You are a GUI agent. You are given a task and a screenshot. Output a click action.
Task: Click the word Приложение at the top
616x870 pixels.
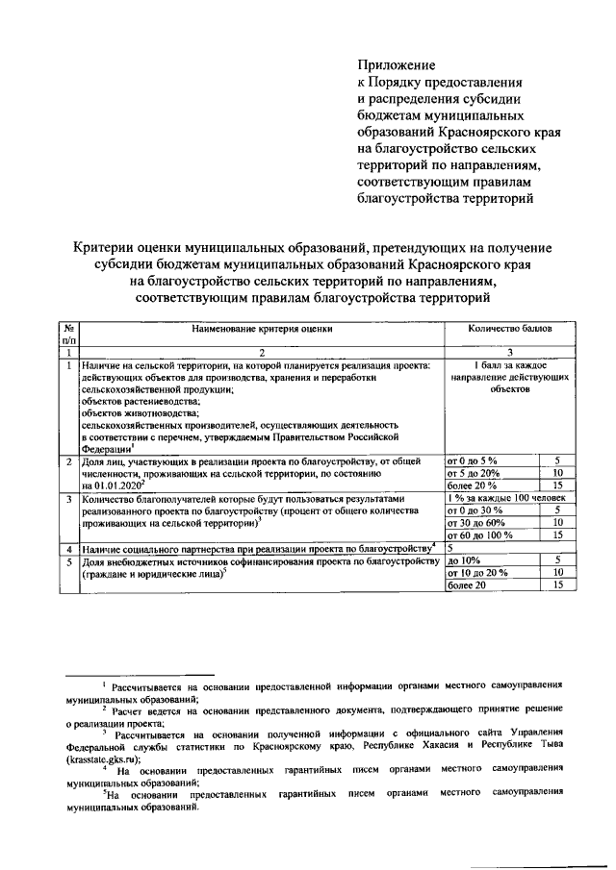396,65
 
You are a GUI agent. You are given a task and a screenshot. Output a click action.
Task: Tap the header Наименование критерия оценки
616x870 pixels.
261,328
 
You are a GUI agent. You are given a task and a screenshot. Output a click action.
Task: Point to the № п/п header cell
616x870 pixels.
67,334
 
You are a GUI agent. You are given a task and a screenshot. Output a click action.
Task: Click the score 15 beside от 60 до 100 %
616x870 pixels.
557,534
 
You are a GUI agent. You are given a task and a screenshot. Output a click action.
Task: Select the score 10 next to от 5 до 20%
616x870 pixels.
557,473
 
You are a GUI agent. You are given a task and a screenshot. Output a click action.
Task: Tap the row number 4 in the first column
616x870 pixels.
67,548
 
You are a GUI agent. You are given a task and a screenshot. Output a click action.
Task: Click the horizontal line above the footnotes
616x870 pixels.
143,676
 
